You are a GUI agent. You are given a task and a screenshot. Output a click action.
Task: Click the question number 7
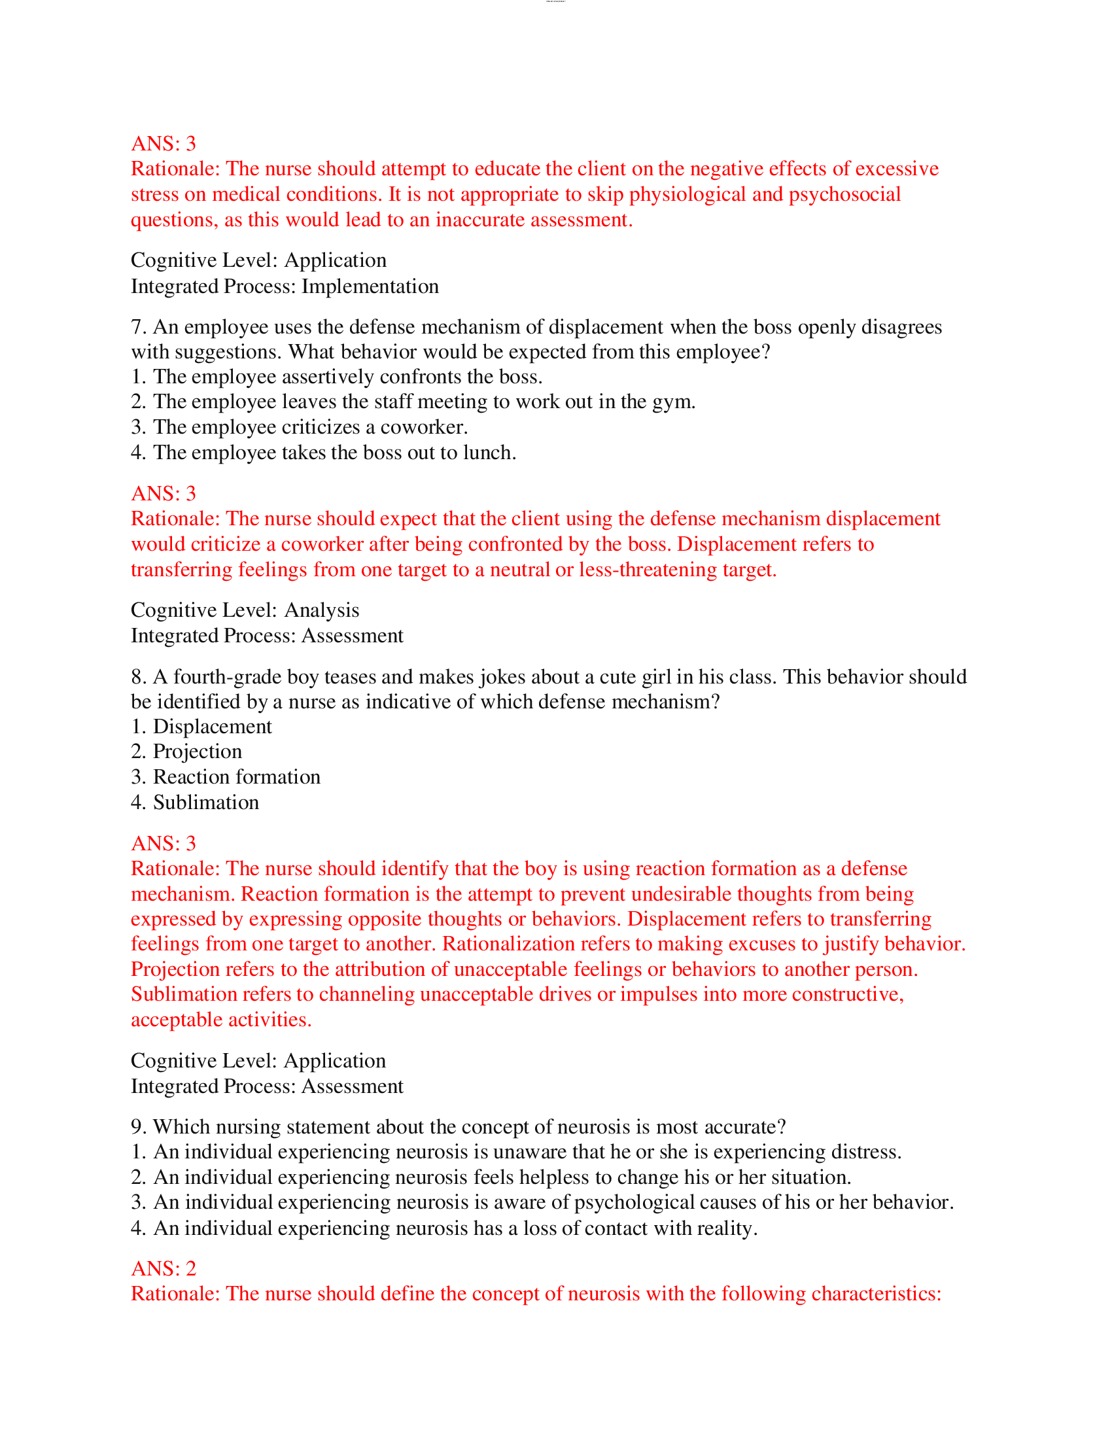coord(137,328)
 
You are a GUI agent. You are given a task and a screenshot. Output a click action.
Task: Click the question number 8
coord(137,678)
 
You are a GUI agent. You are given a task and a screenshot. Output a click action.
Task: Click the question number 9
coord(137,1128)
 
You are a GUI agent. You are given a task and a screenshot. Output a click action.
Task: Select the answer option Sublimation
coord(205,803)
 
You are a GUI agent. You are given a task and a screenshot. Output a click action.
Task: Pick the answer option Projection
coord(197,752)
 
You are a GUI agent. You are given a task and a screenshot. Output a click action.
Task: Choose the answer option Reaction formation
coord(237,778)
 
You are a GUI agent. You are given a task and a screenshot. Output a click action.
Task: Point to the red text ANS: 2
coord(164,1269)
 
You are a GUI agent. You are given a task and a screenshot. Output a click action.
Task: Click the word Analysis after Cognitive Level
coord(321,611)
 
